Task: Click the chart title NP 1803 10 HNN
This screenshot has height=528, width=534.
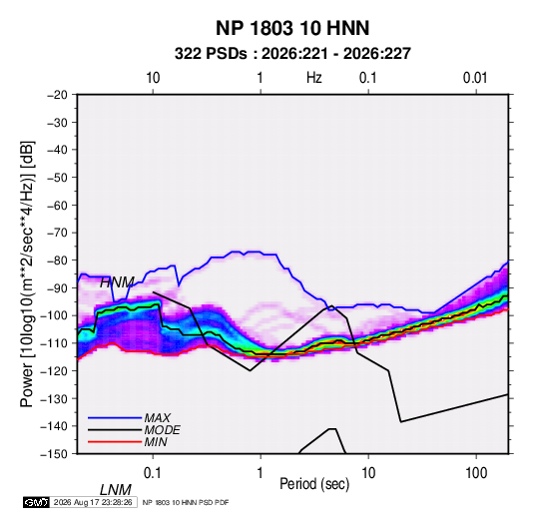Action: click(x=292, y=28)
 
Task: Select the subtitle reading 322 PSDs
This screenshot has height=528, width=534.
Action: click(x=211, y=54)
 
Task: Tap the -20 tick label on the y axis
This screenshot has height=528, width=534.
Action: click(x=57, y=95)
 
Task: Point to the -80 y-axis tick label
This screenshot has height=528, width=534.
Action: click(x=57, y=261)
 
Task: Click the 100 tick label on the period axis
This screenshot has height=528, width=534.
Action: click(x=476, y=473)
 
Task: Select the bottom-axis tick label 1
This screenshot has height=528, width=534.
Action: click(x=261, y=473)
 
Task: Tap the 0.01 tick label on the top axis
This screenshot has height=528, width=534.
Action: click(x=475, y=78)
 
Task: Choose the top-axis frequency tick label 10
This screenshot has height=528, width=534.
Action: click(x=153, y=78)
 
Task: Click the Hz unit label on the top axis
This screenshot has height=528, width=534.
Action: click(x=314, y=78)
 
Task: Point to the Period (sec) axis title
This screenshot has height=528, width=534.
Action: click(x=314, y=484)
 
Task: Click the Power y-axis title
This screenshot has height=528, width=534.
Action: click(x=27, y=274)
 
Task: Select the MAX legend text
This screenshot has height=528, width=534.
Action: click(x=158, y=418)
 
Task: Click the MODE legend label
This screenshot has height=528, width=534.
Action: click(x=162, y=430)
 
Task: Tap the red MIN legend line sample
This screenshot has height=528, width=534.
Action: click(x=115, y=442)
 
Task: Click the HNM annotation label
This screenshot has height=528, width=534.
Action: click(x=117, y=282)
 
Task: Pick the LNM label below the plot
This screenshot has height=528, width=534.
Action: click(x=115, y=490)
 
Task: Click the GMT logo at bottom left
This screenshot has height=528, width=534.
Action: click(x=37, y=502)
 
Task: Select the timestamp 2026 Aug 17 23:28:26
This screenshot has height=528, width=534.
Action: click(x=93, y=502)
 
